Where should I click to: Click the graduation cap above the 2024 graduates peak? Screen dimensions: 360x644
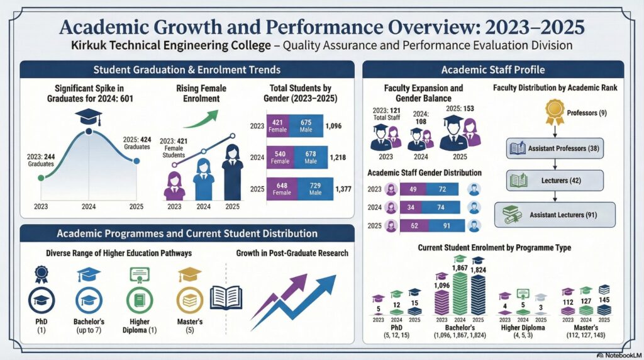tap(88, 116)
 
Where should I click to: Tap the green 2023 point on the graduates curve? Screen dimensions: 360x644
tap(42, 178)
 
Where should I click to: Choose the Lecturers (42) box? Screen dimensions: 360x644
tap(555, 182)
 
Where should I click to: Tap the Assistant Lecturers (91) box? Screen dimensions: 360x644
tap(555, 215)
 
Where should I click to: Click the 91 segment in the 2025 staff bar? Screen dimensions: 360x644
tap(446, 225)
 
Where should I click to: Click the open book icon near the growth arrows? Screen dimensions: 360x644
tap(226, 298)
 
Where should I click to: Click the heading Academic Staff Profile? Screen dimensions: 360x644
tap(493, 69)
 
